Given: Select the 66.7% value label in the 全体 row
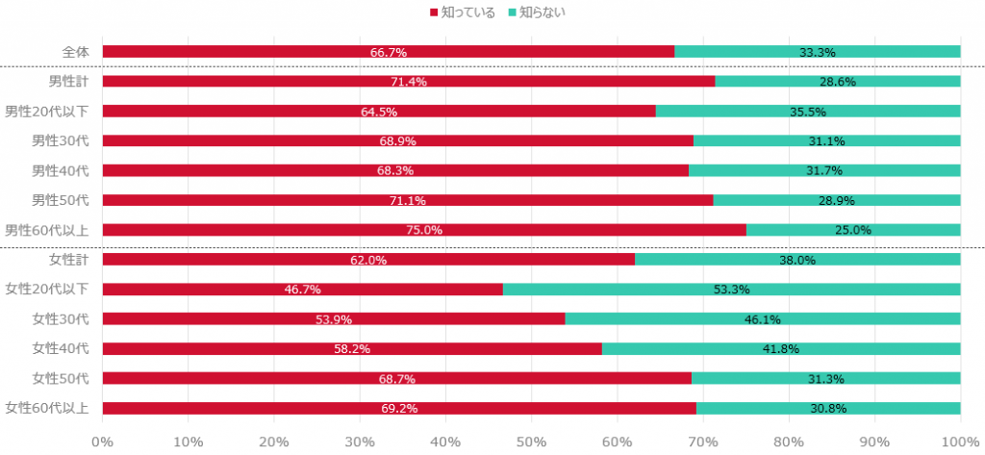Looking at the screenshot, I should pyautogui.click(x=388, y=52).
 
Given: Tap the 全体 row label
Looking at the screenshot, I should pyautogui.click(x=75, y=52).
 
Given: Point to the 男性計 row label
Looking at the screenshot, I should pyautogui.click(x=68, y=81).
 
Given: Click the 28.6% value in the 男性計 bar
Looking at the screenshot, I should pyautogui.click(x=838, y=82).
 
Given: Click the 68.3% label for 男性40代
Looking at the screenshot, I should pyautogui.click(x=395, y=171).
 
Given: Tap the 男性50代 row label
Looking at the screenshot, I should pyautogui.click(x=61, y=200).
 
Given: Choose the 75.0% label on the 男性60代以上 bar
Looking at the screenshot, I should pyautogui.click(x=424, y=231).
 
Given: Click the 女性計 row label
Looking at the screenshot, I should pyautogui.click(x=68, y=259).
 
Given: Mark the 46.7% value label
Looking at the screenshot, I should pyautogui.click(x=302, y=290).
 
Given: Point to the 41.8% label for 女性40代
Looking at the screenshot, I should pyautogui.click(x=780, y=349).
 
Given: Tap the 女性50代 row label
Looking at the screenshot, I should pyautogui.click(x=61, y=378).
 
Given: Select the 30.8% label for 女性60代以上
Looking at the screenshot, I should pyautogui.click(x=827, y=409).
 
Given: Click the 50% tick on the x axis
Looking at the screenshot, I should pyautogui.click(x=531, y=442).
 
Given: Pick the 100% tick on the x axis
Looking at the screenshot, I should pyautogui.click(x=959, y=442).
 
